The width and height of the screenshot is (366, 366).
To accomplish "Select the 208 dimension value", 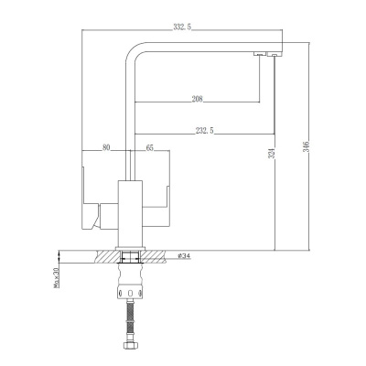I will pyautogui.click(x=198, y=98).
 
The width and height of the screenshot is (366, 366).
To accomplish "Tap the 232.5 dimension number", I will pyautogui.click(x=204, y=130).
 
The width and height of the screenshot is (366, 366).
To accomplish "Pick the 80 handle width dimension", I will pyautogui.click(x=106, y=146).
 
